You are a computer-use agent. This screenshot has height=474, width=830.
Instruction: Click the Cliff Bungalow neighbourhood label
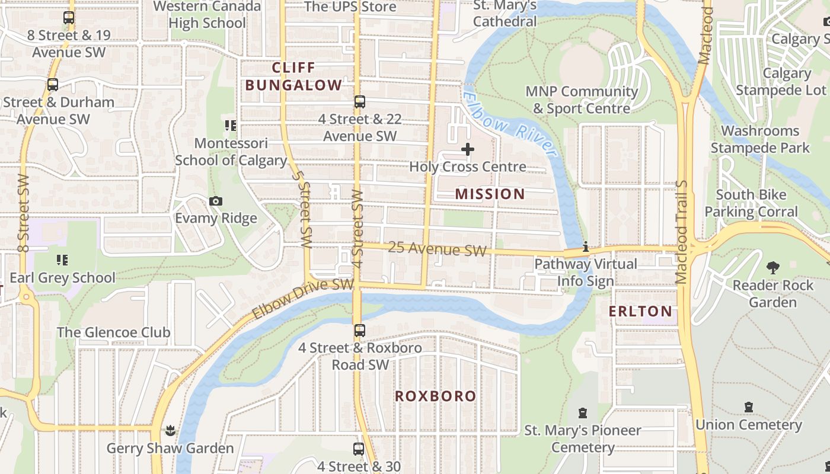click(x=293, y=76)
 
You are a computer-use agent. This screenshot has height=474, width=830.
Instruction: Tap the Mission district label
click(x=490, y=194)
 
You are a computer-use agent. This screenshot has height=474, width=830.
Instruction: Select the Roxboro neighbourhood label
click(x=436, y=396)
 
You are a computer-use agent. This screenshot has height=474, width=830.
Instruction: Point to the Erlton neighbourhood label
click(x=641, y=311)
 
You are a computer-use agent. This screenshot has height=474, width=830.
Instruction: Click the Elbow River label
click(x=510, y=125)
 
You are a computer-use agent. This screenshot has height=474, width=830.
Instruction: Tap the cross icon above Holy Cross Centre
click(x=468, y=149)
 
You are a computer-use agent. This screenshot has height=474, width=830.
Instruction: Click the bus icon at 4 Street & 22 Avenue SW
click(x=360, y=102)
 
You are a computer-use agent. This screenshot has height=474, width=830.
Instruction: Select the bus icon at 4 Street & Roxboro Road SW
click(x=360, y=331)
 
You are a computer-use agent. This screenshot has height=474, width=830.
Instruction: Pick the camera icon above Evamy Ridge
click(x=216, y=201)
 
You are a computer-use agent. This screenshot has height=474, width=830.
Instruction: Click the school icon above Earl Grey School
click(x=62, y=260)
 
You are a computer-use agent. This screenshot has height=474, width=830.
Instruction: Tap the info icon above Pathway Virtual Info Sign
click(x=586, y=246)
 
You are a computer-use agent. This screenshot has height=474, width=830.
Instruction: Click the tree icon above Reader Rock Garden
click(x=772, y=268)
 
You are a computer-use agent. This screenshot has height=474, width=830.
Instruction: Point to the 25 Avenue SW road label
click(x=437, y=249)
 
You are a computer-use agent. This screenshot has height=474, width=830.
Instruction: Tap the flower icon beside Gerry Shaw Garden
click(x=171, y=430)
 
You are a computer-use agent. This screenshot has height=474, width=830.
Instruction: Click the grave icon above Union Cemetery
click(x=749, y=408)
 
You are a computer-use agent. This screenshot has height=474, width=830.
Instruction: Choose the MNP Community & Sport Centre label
click(x=582, y=100)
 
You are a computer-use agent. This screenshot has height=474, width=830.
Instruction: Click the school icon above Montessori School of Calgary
click(x=231, y=126)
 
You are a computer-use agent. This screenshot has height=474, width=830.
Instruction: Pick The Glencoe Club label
click(x=114, y=332)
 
